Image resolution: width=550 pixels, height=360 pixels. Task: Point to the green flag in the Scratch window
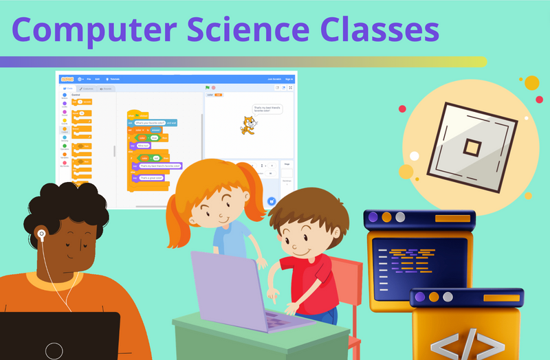(x=207, y=88)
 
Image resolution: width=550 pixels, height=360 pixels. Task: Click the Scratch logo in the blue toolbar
(x=67, y=79)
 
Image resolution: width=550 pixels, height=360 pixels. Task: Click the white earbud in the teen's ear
(x=41, y=234)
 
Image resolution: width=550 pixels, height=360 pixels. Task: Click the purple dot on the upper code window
(x=373, y=218)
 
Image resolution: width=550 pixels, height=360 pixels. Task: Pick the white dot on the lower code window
(x=448, y=297)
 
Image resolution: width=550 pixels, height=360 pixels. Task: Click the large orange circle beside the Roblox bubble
(x=531, y=83)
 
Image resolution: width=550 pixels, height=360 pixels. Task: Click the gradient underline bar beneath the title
(x=241, y=62)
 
